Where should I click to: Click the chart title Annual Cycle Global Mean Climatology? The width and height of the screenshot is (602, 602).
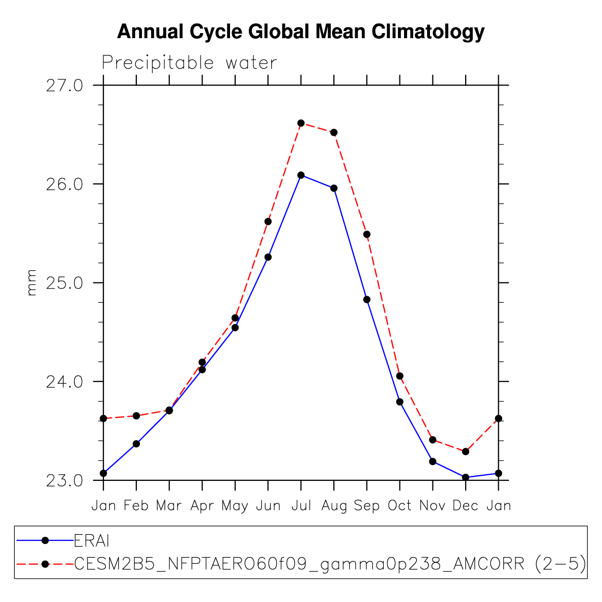coord(301,32)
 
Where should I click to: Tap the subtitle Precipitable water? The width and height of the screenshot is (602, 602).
coord(189,63)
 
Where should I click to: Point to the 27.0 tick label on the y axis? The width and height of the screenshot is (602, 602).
coord(64,85)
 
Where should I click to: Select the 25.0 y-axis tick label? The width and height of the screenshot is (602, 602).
coord(64,282)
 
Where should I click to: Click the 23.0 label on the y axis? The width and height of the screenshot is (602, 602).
coord(64,480)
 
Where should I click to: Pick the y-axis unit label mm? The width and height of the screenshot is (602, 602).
coord(32,282)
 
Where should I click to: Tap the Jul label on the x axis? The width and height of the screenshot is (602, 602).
coord(301,506)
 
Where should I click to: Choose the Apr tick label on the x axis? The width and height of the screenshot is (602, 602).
coord(202,506)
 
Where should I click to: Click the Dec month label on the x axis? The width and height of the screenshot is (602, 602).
coord(465,506)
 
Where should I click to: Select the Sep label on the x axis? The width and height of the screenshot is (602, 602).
coord(367,506)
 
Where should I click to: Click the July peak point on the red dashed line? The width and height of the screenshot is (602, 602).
coord(301,123)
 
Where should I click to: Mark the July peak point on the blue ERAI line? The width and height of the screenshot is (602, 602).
coord(301,175)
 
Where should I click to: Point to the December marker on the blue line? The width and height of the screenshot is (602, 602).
coord(465,477)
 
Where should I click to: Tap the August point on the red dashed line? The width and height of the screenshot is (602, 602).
coord(334,132)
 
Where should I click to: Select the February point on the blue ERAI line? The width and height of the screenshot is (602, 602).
coord(136,444)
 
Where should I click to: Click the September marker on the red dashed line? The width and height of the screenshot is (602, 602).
coord(366,234)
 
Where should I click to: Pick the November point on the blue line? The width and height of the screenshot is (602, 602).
coord(433,462)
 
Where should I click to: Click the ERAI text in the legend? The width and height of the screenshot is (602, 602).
coord(92,540)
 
